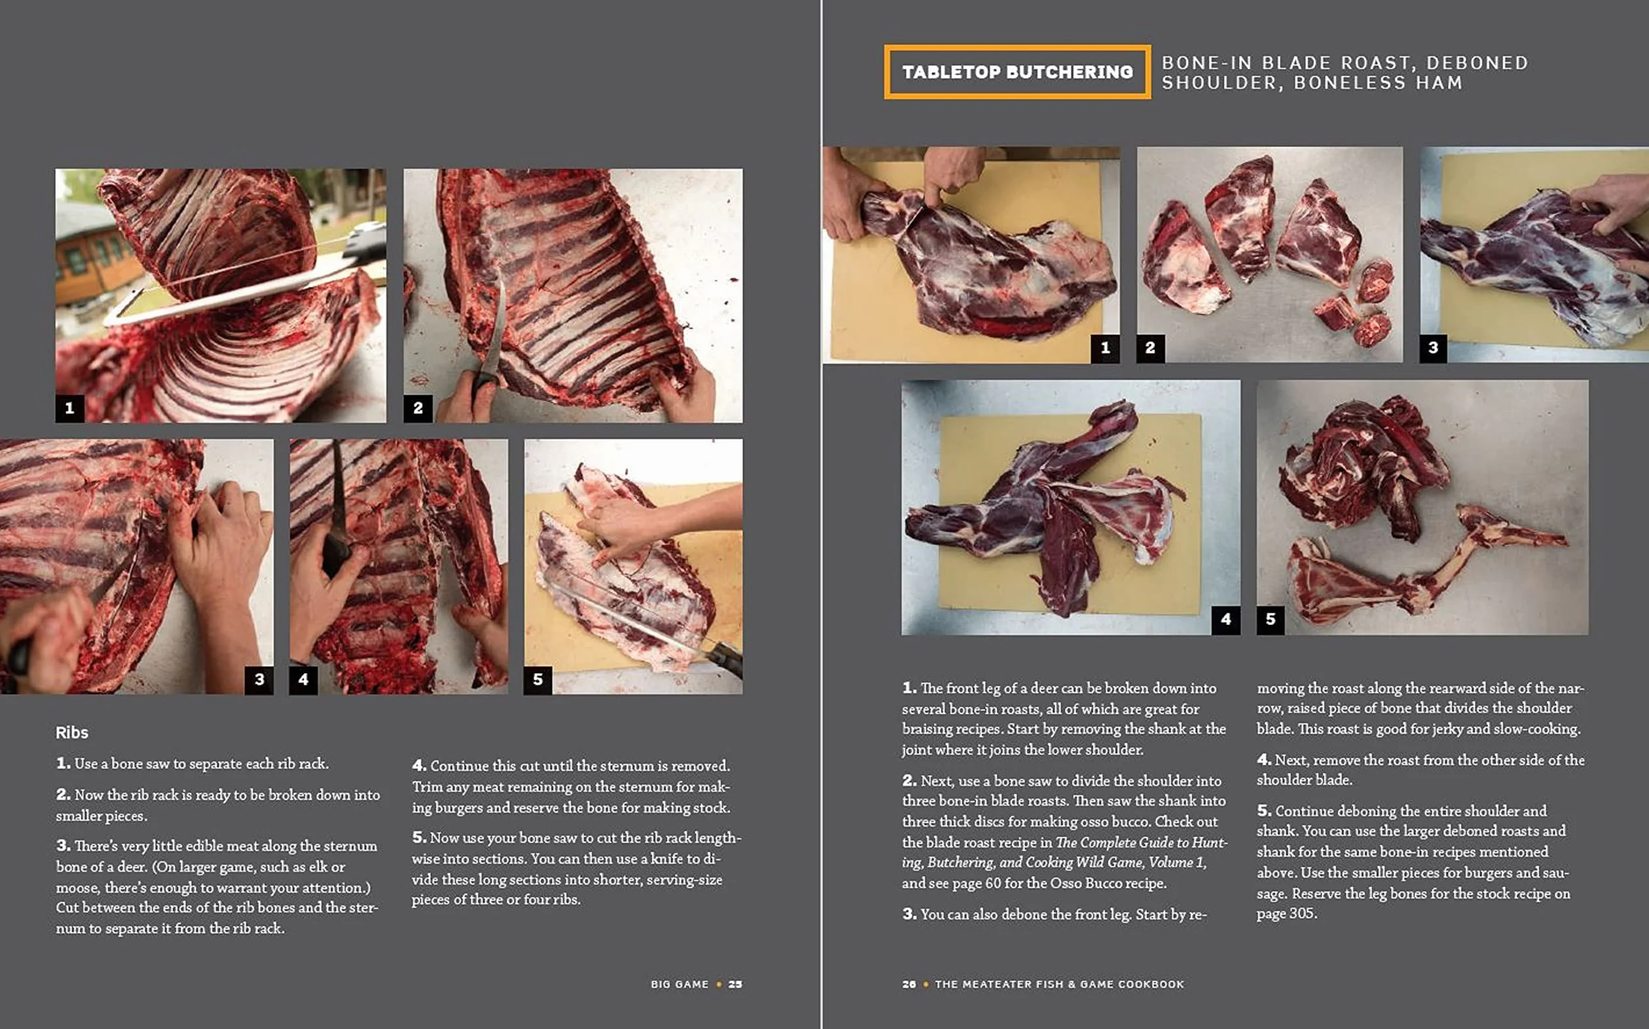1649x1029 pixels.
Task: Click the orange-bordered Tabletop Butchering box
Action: (1017, 72)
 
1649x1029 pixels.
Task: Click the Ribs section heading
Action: (72, 732)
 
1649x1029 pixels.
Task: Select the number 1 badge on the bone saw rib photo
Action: (70, 408)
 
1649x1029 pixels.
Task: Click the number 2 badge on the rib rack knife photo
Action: (418, 408)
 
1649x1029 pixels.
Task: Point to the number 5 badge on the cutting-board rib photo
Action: (538, 680)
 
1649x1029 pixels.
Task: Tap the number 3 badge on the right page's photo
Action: (1433, 349)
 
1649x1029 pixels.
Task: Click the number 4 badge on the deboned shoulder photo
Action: (1225, 620)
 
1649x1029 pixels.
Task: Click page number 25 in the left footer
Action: (735, 984)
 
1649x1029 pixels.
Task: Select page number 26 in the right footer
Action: (909, 984)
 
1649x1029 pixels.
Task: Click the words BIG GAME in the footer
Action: (679, 984)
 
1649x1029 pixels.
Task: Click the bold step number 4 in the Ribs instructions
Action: (419, 766)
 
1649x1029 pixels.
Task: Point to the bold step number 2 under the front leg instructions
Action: (910, 781)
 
